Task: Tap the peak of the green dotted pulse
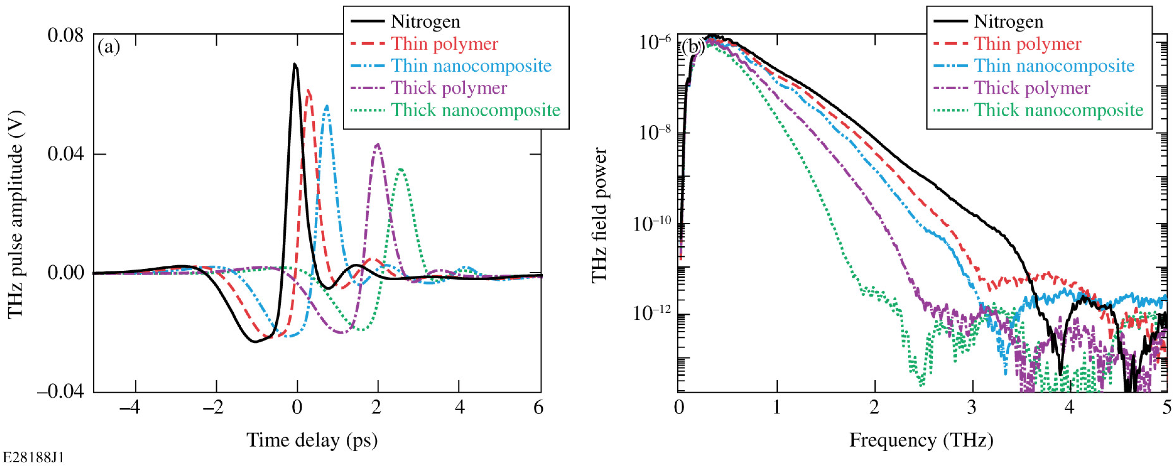(401, 169)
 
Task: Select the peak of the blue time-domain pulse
(327, 106)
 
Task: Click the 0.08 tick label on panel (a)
(66, 35)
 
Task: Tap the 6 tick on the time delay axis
(539, 407)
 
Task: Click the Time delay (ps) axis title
(312, 441)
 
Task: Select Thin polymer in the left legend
(444, 44)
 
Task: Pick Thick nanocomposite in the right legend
(1058, 110)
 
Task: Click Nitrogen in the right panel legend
(1008, 21)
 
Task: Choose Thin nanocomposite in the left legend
(471, 66)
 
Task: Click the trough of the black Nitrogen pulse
(255, 341)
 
